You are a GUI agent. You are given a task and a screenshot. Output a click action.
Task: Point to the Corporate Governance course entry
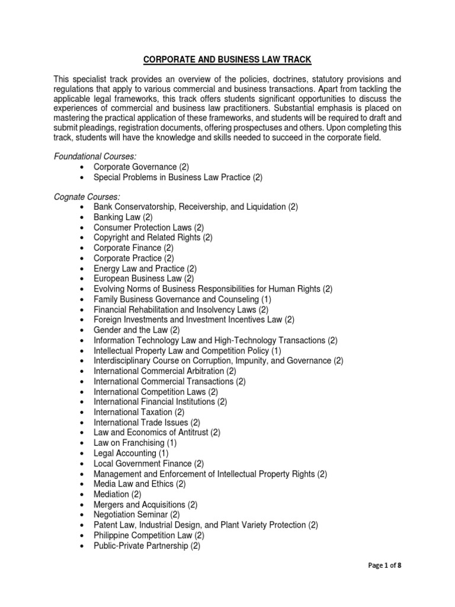pos(141,167)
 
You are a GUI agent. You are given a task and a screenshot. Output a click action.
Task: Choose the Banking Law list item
pos(123,217)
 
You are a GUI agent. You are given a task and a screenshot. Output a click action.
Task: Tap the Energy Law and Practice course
pos(145,269)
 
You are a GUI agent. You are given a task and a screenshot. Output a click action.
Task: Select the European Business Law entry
pos(144,279)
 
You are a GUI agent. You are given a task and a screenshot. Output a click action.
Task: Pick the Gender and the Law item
pos(137,330)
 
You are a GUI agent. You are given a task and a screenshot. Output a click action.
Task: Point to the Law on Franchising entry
pos(135,443)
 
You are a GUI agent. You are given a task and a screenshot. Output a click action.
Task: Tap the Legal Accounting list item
pos(131,453)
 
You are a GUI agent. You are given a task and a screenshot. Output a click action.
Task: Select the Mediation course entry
pos(117,494)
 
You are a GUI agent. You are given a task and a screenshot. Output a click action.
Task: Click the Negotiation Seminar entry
pos(136,515)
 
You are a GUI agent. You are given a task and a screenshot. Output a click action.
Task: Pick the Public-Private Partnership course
pos(147,546)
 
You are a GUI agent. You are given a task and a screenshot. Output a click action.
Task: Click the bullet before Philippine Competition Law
pos(81,536)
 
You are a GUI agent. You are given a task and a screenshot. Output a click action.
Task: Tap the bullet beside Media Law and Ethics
pos(81,484)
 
